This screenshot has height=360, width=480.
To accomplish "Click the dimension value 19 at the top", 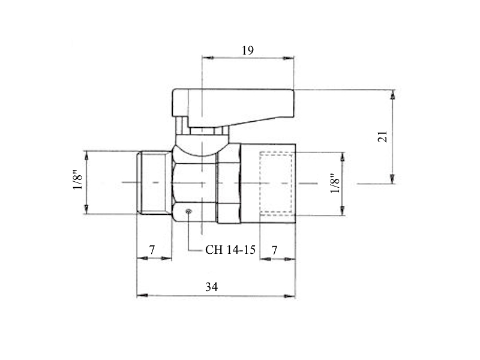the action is (248, 50).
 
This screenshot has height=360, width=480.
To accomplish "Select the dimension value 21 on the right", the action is (383, 137).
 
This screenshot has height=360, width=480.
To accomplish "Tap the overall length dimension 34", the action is (212, 287).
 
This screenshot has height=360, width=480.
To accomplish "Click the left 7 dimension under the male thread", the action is (152, 250).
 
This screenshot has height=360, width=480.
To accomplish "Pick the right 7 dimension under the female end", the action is (274, 250).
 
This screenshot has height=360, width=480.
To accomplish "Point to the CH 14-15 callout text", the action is (230, 250).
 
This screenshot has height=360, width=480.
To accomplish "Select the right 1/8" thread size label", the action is (335, 184).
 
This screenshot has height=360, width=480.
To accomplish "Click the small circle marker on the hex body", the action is (188, 211).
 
